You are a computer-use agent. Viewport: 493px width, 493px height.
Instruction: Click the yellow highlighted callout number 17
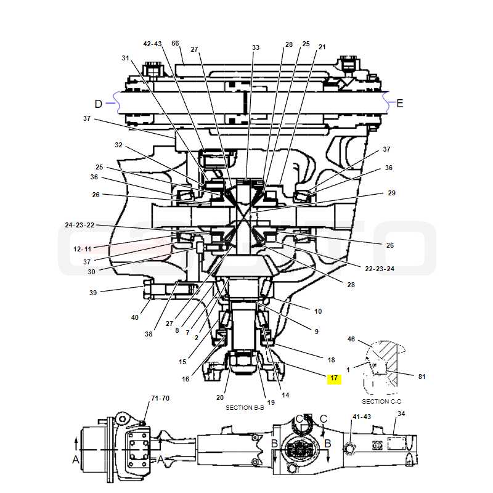[x=334, y=378]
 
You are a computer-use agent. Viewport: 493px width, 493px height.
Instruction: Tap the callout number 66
[x=175, y=43]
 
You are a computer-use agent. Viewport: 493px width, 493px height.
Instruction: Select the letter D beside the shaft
[x=99, y=104]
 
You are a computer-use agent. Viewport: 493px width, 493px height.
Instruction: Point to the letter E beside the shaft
[x=399, y=104]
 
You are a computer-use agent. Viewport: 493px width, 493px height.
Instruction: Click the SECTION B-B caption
[x=245, y=407]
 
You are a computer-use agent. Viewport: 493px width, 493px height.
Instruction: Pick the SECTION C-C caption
[x=381, y=402]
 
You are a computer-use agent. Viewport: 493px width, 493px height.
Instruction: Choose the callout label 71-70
[x=160, y=398]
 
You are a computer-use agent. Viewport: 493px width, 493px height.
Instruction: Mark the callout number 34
[x=401, y=414]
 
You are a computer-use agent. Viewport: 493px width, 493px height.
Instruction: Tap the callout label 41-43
[x=362, y=417]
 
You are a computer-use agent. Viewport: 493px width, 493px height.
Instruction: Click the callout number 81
[x=422, y=377]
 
